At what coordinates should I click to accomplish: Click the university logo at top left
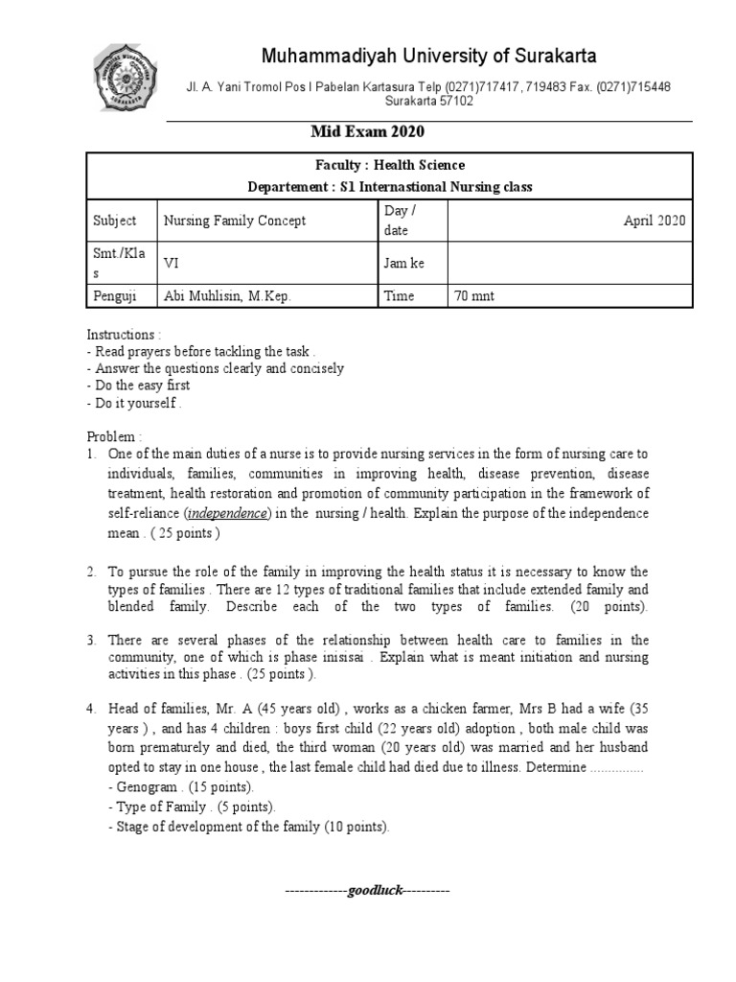click(x=128, y=77)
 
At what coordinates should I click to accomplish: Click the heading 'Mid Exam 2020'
click(x=366, y=132)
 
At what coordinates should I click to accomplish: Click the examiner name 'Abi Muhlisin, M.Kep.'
click(x=227, y=296)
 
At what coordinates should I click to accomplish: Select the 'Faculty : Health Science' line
click(x=389, y=165)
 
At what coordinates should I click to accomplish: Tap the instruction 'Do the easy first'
click(x=142, y=385)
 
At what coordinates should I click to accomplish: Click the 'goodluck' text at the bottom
click(x=368, y=890)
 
